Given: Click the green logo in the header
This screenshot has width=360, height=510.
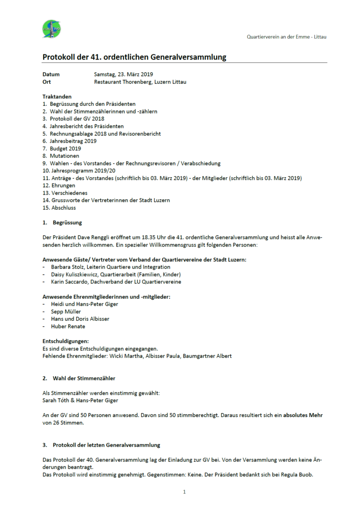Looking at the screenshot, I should [51, 29].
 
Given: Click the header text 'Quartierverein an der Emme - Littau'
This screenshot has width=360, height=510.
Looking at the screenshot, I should [286, 37].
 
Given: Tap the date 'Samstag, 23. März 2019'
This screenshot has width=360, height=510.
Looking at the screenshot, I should [123, 74].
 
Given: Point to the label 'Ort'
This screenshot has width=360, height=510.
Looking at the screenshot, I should [46, 82].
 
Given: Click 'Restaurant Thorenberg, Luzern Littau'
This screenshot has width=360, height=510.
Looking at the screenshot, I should [140, 82].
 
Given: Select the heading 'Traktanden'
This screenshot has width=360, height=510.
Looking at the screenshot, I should [57, 97].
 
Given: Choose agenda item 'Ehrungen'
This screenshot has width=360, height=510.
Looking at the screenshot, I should [62, 186].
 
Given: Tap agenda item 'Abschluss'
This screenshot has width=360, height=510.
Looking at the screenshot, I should [63, 208].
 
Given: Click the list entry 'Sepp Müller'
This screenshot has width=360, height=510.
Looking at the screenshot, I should [66, 311].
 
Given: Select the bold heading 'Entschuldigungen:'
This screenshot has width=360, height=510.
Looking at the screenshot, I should [66, 341].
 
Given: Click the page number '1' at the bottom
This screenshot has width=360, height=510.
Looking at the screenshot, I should [184, 492].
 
